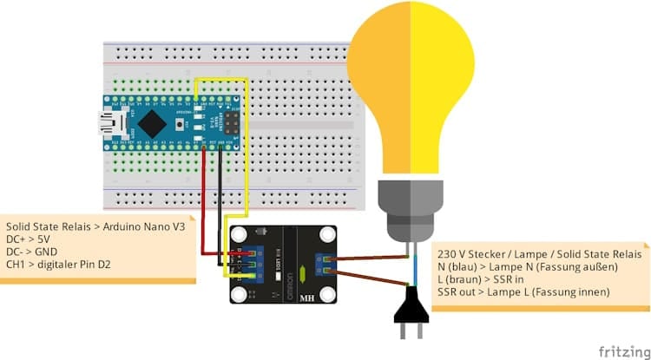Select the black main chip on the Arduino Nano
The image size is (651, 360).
(x=153, y=121)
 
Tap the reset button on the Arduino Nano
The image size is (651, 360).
(x=198, y=122)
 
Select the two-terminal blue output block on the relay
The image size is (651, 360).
(x=327, y=262)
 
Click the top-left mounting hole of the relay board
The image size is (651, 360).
(x=239, y=234)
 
